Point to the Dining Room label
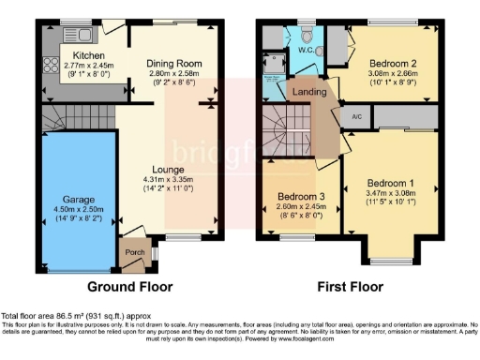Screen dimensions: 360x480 click(173, 64)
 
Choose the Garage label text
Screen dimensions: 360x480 click(78, 200)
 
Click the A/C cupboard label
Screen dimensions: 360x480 click(356, 116)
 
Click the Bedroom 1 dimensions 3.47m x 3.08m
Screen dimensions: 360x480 click(388, 191)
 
